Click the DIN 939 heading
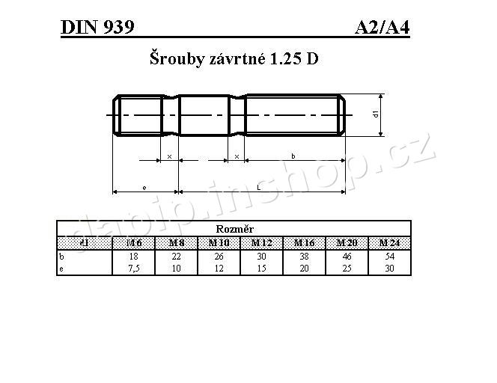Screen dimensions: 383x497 (x=97, y=28)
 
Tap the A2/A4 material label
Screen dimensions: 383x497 (x=382, y=28)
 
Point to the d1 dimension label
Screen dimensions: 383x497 (x=374, y=114)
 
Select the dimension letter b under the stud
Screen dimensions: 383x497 (x=293, y=156)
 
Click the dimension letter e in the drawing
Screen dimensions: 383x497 (x=144, y=187)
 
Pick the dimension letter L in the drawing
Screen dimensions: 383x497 (x=258, y=187)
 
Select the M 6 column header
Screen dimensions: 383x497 (x=134, y=242)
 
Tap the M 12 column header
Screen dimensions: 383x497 (x=262, y=242)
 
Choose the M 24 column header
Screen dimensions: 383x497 (x=389, y=242)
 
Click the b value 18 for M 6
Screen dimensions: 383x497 (x=134, y=255)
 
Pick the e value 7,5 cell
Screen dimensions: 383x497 (x=134, y=268)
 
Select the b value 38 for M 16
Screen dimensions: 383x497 (x=304, y=255)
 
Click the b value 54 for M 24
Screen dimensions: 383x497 (x=389, y=255)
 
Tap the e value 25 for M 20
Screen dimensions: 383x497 (x=347, y=268)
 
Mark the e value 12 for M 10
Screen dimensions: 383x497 (x=219, y=268)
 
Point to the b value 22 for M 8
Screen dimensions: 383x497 (x=177, y=255)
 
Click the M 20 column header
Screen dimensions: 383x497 (x=347, y=242)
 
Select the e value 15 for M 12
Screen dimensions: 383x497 (x=262, y=268)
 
